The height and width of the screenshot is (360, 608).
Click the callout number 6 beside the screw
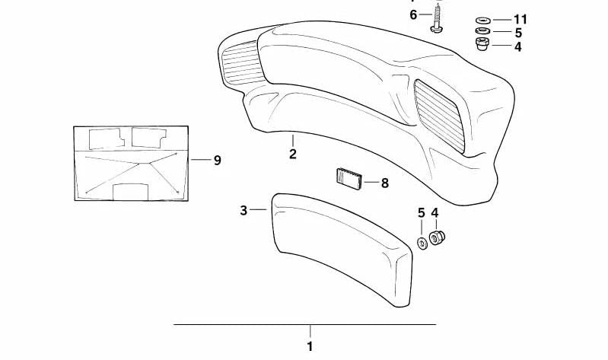(x=413, y=15)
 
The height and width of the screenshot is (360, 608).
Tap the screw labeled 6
(x=437, y=18)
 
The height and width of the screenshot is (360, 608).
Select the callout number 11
(x=520, y=19)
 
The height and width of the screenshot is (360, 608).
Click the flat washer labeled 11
(x=482, y=21)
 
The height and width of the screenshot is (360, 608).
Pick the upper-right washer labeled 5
(x=482, y=30)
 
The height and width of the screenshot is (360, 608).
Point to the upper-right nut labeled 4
(x=482, y=44)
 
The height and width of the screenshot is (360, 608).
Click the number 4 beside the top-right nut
(x=518, y=47)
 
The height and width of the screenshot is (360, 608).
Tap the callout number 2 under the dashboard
(x=293, y=154)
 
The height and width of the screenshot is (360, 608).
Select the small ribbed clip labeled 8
(x=349, y=179)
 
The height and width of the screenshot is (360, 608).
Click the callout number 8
(x=384, y=183)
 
